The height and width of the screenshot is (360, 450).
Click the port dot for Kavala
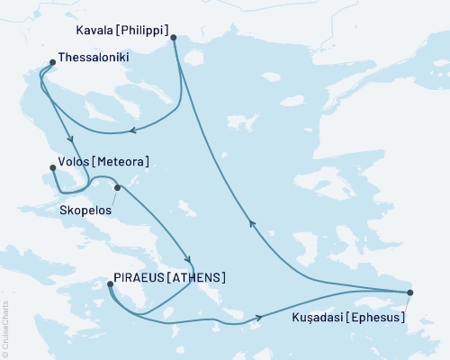pos(173,38)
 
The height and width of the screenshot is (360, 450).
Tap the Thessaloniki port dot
pos(51,63)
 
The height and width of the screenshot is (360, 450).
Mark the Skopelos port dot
pos(117,188)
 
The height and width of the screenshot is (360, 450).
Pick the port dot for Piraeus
pos(110,284)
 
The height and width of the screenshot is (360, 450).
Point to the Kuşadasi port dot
pos(410,292)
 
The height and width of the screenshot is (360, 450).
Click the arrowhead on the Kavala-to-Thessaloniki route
pos(132,130)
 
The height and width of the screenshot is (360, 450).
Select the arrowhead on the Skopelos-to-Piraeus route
pos(186,254)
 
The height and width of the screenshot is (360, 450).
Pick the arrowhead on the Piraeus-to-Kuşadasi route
pos(259,317)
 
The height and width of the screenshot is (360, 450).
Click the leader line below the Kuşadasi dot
pos(407,306)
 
